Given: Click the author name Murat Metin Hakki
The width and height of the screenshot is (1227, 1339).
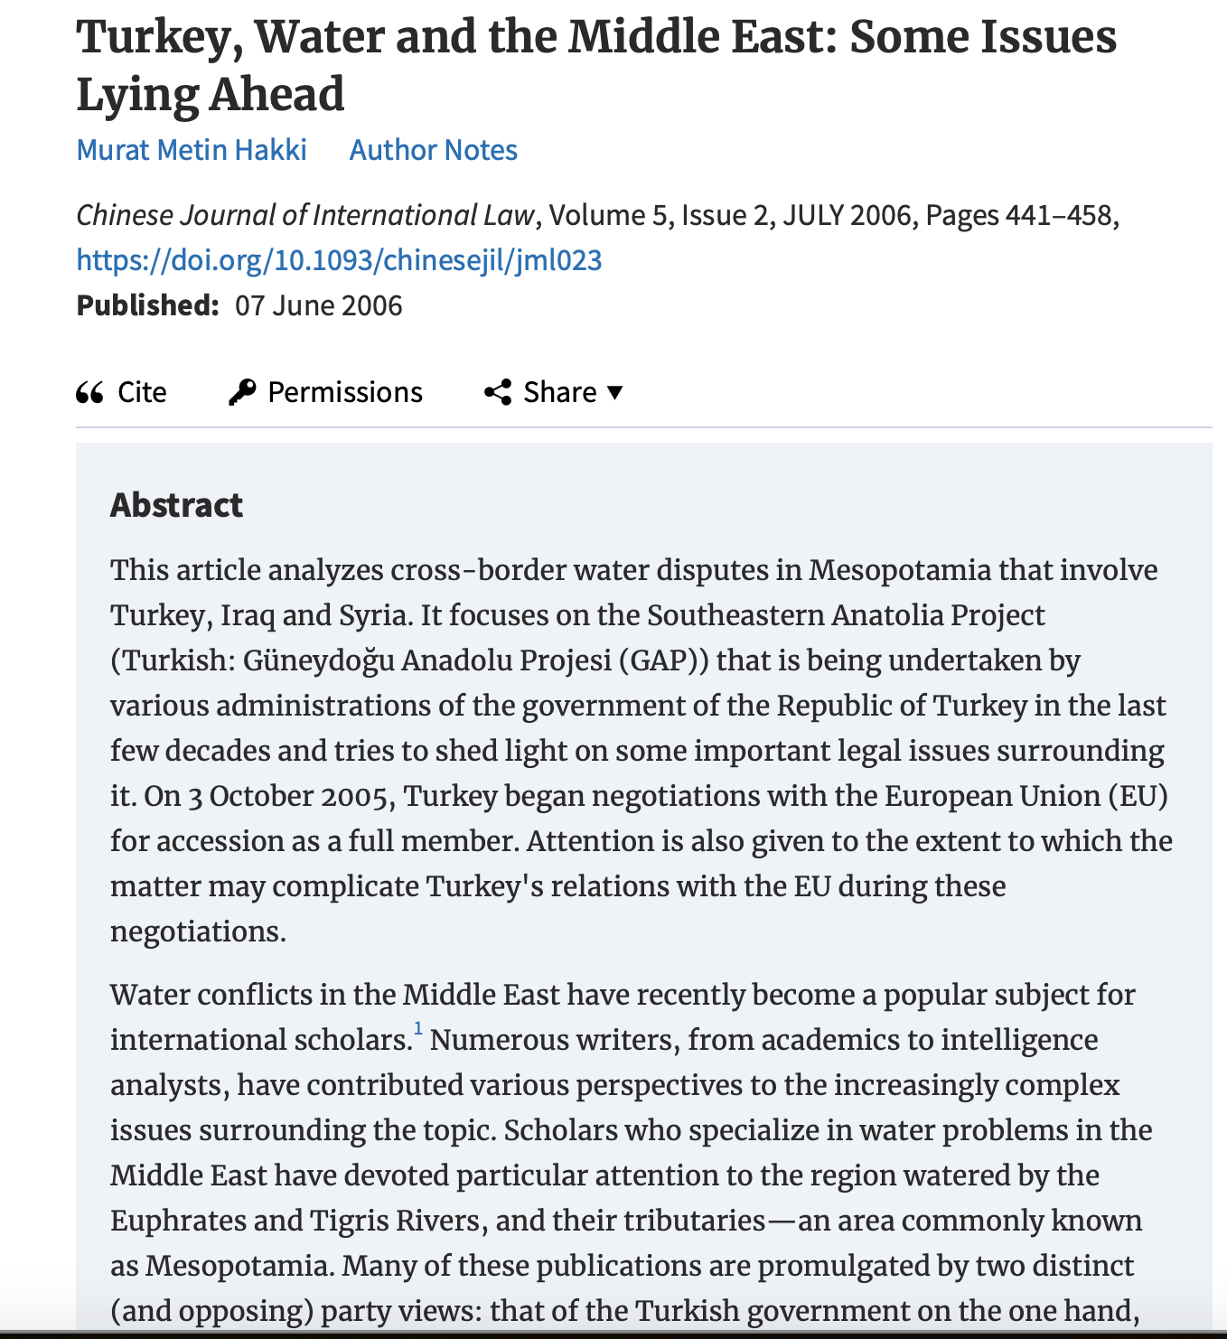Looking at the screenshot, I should click(192, 150).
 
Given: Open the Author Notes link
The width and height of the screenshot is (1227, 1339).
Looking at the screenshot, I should click(433, 150).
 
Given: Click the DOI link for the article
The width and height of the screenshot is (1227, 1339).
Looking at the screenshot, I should click(339, 260).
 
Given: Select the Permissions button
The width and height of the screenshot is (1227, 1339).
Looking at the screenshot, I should click(344, 392).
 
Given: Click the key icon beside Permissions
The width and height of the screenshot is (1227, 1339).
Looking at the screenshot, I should click(241, 392).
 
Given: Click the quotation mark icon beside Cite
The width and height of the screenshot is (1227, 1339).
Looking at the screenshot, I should click(89, 392).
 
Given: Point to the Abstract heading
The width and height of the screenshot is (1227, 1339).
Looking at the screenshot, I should click(176, 505).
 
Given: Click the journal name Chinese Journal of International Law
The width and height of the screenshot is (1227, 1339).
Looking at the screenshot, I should click(305, 215).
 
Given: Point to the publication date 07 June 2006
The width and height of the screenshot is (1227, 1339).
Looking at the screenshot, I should click(318, 305).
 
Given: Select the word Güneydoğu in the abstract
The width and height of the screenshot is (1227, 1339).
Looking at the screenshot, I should click(319, 660).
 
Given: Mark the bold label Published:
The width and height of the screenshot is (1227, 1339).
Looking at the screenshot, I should click(147, 305).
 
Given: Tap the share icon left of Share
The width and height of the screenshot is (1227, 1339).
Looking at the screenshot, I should click(498, 392).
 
